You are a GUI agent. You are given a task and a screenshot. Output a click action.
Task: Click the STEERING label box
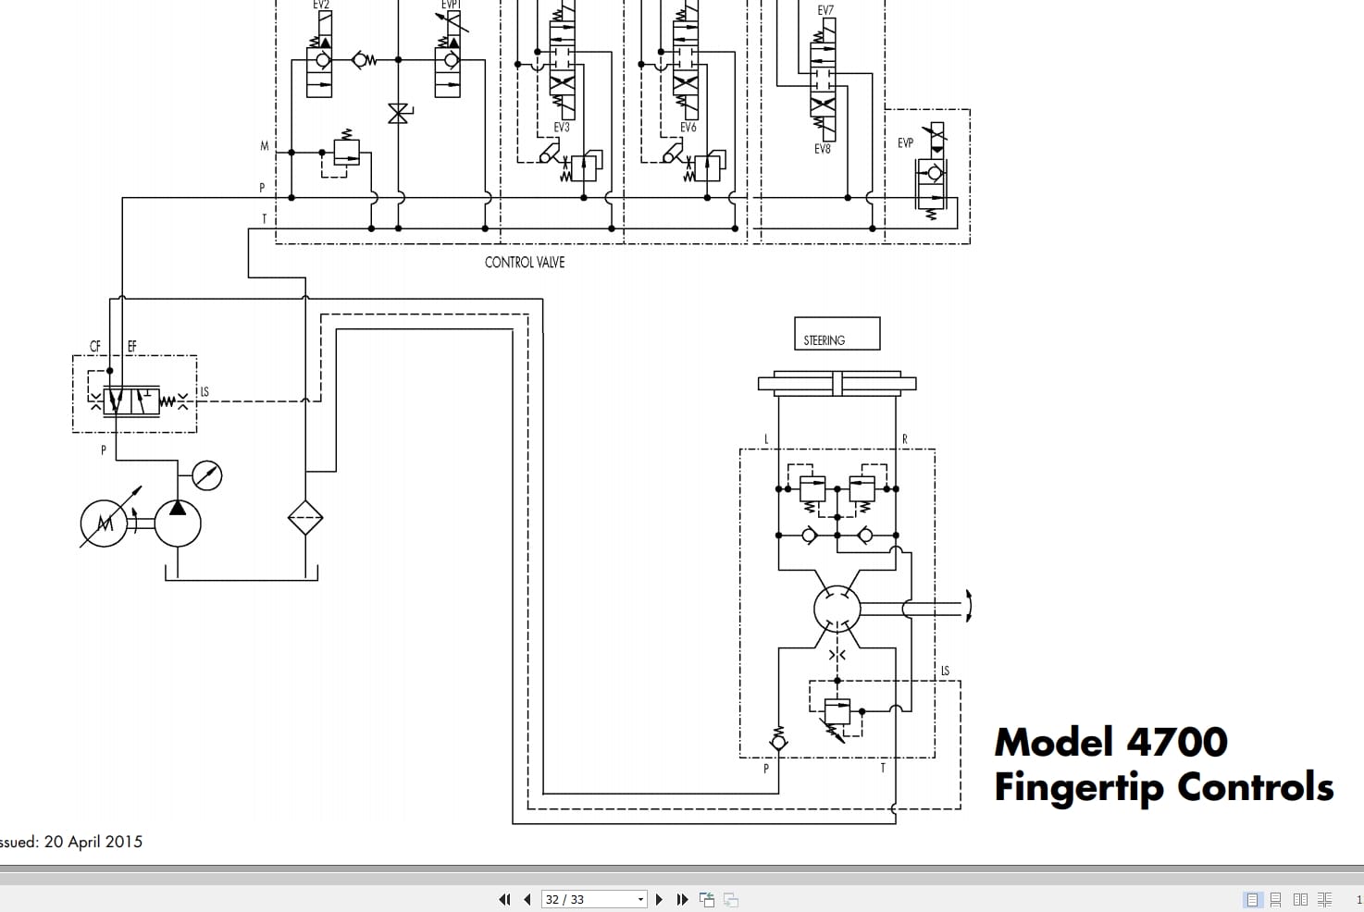click(x=837, y=334)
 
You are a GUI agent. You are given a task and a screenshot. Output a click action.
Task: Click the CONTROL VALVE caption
click(x=524, y=263)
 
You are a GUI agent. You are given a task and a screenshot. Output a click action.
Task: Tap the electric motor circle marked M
click(x=104, y=524)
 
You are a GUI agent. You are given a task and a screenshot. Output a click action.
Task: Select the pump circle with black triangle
click(x=178, y=524)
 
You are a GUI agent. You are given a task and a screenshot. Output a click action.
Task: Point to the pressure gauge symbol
click(x=206, y=475)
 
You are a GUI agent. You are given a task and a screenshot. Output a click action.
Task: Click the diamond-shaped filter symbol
click(x=305, y=518)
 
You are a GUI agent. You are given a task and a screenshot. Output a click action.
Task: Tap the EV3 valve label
click(x=561, y=128)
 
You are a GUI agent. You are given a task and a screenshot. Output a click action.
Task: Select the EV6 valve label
click(x=688, y=128)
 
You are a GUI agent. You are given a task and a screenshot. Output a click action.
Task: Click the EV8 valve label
click(x=822, y=148)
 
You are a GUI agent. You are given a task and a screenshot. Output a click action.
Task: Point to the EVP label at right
click(x=905, y=143)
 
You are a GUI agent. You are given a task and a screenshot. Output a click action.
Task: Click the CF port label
click(x=95, y=347)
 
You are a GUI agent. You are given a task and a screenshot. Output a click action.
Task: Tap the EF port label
click(x=131, y=347)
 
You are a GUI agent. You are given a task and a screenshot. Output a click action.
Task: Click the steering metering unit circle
click(x=837, y=609)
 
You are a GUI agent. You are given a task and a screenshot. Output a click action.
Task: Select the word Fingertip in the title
click(x=1078, y=787)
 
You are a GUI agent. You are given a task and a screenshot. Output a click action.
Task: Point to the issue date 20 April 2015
click(x=93, y=842)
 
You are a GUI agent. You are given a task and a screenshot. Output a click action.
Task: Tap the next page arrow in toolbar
click(x=659, y=899)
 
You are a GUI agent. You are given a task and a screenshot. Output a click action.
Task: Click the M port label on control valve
click(x=265, y=146)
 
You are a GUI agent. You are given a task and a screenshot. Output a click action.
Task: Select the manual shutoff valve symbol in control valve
click(x=399, y=114)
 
